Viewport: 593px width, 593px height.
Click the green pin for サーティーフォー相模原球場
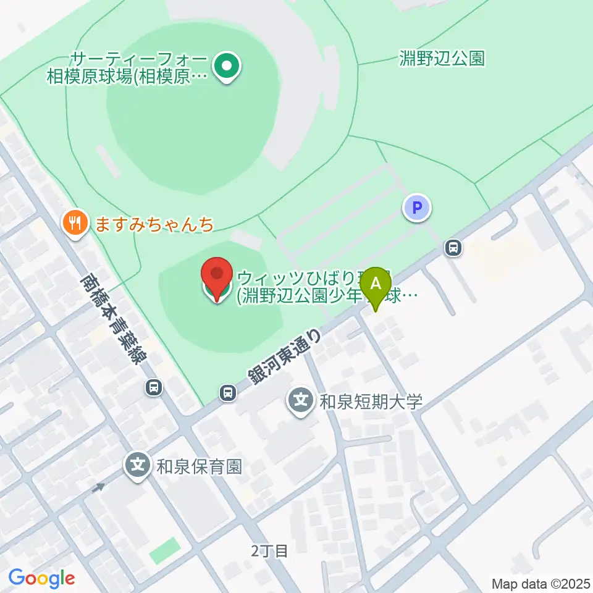227,67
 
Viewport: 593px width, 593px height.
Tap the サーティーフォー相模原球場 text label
128,68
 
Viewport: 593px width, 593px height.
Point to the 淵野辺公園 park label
442,59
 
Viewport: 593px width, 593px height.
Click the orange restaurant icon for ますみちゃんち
76,223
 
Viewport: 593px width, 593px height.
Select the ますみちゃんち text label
154,223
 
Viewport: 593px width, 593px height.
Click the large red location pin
217,279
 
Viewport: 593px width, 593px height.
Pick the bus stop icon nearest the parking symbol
454,248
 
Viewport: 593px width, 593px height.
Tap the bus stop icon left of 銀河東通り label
228,392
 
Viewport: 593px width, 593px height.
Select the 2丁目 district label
270,551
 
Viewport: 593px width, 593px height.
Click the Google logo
41,578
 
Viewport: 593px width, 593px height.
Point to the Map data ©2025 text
541,583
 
